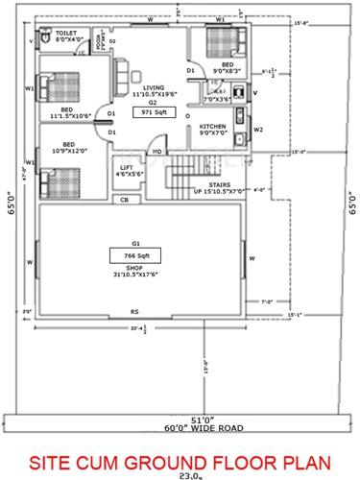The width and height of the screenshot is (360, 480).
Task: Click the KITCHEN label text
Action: click(x=212, y=126)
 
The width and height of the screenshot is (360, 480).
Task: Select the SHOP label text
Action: click(x=146, y=270)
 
